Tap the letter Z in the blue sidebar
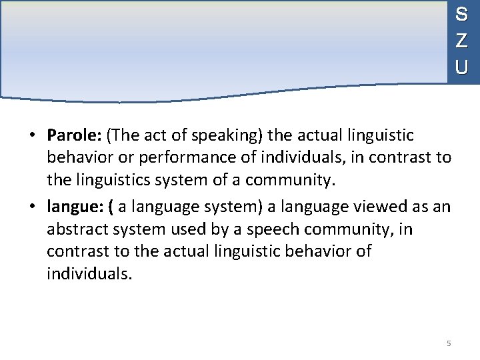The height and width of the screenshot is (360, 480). point(461,41)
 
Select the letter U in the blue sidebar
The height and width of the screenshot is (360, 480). point(461,67)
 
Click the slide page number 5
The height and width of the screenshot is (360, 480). point(449,343)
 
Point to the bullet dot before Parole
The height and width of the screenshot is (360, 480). point(32,137)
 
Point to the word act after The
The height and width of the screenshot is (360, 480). point(154,136)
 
